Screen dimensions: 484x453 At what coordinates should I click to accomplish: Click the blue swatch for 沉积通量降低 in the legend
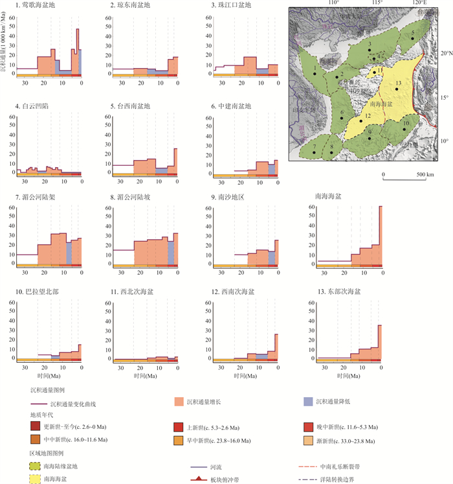point(309,402)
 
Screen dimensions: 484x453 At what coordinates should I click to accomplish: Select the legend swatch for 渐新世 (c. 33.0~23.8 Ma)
point(309,440)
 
